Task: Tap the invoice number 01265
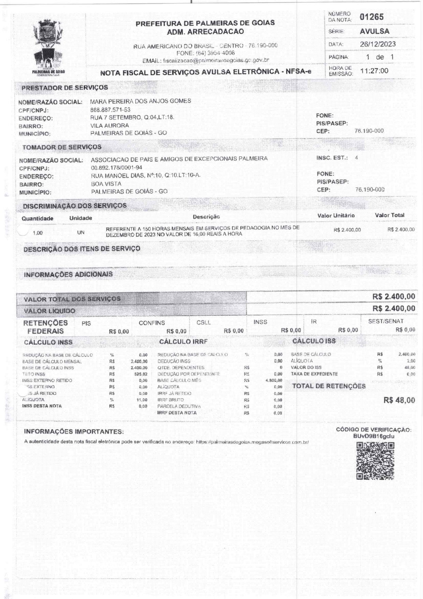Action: pyautogui.click(x=371, y=17)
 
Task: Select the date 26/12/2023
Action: pyautogui.click(x=378, y=44)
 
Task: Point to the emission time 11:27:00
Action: pyautogui.click(x=374, y=71)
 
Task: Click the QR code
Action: pyautogui.click(x=375, y=461)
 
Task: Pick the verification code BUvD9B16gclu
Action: pyautogui.click(x=374, y=436)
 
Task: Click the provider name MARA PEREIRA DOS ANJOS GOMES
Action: pyautogui.click(x=141, y=101)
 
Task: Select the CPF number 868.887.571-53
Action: pyautogui.click(x=110, y=110)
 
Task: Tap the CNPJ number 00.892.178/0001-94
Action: pyautogui.click(x=116, y=168)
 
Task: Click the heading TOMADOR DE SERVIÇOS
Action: pyautogui.click(x=62, y=147)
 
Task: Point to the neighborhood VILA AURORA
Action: pyautogui.click(x=110, y=125)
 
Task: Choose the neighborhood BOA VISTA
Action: pyautogui.click(x=106, y=184)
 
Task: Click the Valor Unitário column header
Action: pyautogui.click(x=336, y=215)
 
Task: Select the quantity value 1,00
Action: pyautogui.click(x=38, y=233)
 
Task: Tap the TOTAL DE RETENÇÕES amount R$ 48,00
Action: pyautogui.click(x=399, y=400)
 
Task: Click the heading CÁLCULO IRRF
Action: pyautogui.click(x=183, y=341)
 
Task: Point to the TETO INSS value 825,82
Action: pyautogui.click(x=141, y=374)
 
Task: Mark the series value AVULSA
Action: pyautogui.click(x=374, y=31)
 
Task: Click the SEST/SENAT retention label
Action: pyautogui.click(x=385, y=321)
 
